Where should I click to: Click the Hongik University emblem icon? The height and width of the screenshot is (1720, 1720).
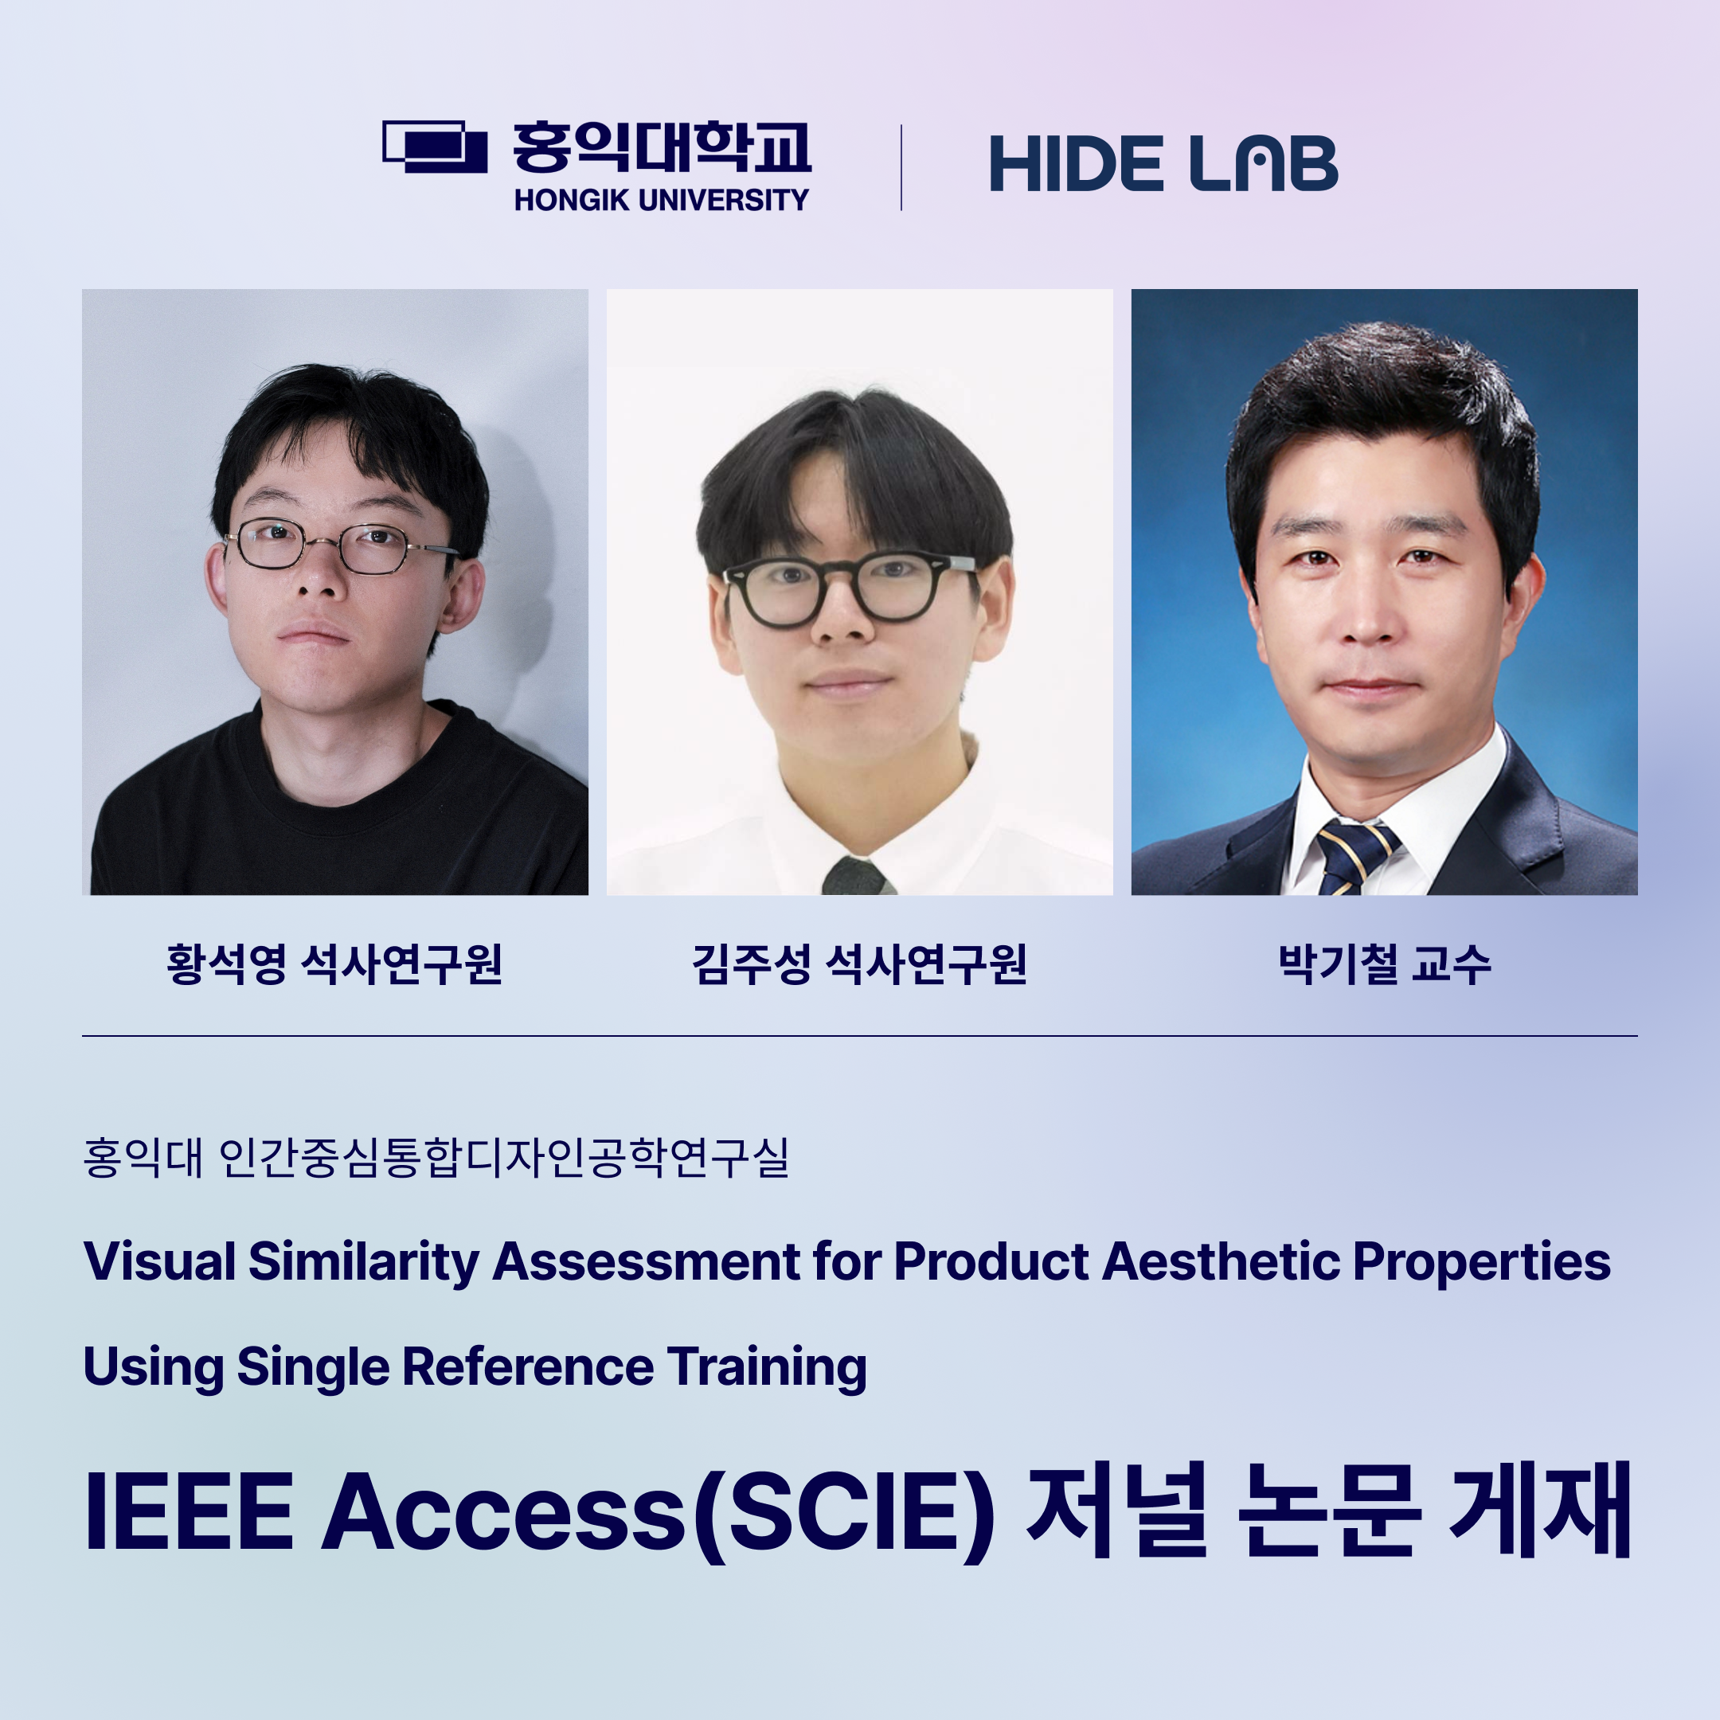click(435, 147)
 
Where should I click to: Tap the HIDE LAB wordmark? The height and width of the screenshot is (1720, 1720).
click(1163, 164)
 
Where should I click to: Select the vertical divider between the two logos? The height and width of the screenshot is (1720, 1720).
click(902, 167)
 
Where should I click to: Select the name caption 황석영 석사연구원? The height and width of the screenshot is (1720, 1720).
click(334, 964)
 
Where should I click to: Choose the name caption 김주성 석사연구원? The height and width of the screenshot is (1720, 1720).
click(859, 964)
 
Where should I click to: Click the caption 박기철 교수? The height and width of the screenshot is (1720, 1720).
click(1385, 964)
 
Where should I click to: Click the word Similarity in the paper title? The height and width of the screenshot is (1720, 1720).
click(364, 1263)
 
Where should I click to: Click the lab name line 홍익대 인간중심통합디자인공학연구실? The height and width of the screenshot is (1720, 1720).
click(436, 1157)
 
